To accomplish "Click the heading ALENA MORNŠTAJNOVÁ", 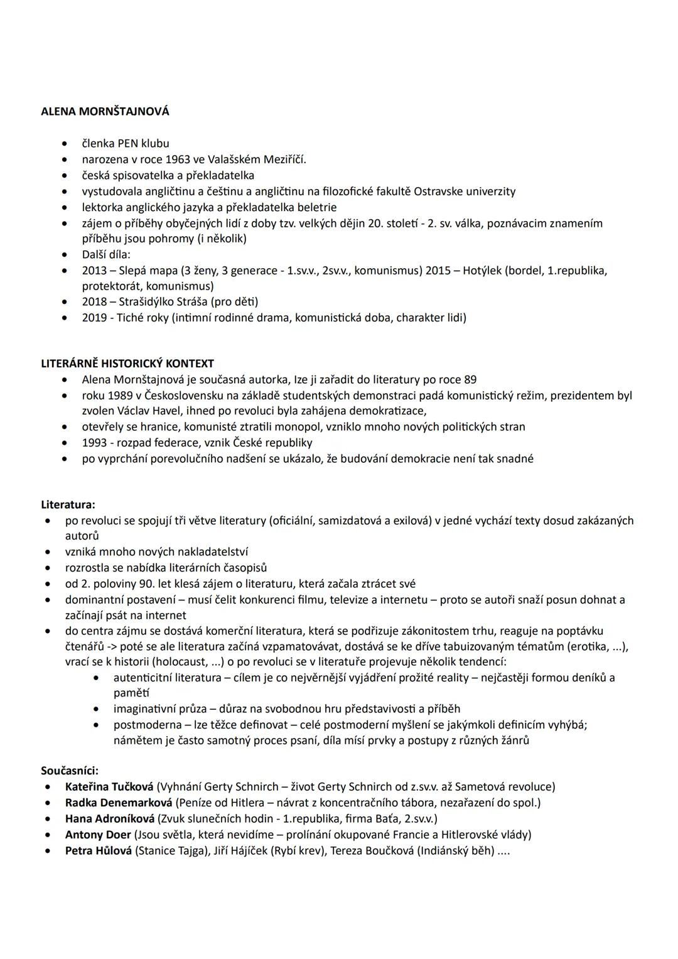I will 105,112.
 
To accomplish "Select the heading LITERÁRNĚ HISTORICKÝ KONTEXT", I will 127,364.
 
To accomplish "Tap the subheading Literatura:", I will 68,504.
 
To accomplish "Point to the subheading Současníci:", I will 70,770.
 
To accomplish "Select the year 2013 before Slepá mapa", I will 95,271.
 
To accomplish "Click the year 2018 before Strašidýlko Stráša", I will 95,301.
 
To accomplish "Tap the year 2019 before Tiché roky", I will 95,317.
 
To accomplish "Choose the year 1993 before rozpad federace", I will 95,443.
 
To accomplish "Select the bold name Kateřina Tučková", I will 109,786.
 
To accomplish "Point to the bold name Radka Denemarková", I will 119,803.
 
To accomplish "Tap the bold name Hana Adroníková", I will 110,818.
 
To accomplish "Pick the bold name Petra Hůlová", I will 99,851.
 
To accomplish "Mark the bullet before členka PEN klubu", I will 64,144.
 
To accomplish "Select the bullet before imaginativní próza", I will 95,709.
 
